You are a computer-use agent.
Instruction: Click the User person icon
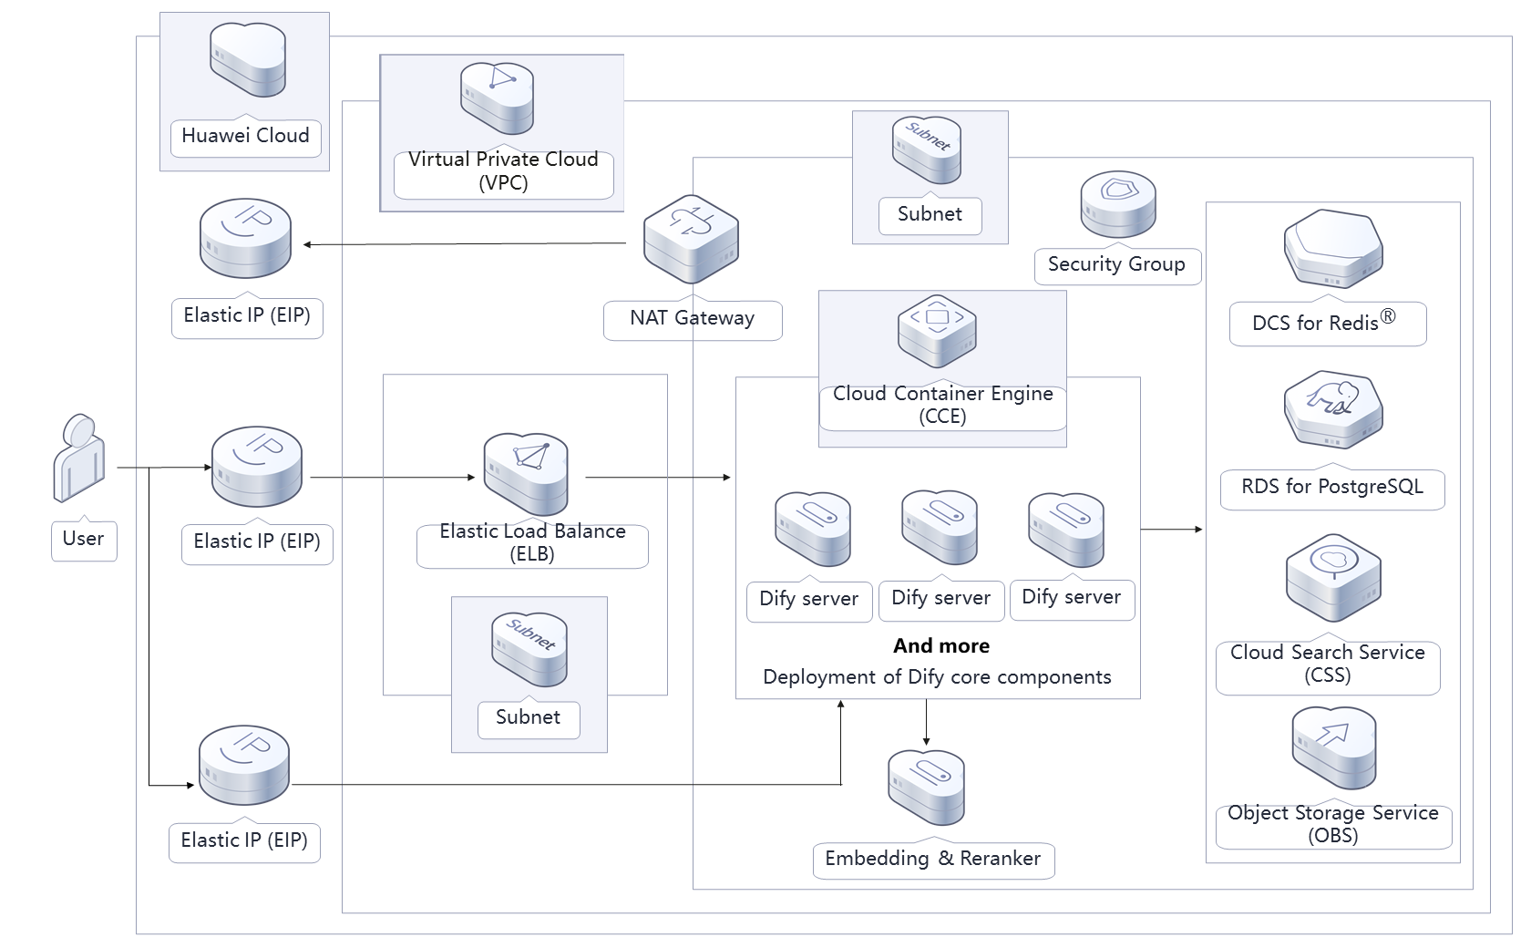click(x=79, y=459)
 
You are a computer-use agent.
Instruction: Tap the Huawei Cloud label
click(x=245, y=137)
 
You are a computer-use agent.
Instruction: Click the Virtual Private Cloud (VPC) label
click(x=503, y=171)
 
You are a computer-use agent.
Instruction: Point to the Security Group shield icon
click(x=1117, y=205)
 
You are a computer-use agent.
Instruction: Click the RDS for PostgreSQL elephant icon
click(x=1332, y=408)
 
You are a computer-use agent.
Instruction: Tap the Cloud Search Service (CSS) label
click(x=1328, y=664)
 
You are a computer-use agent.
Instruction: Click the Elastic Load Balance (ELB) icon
click(x=526, y=473)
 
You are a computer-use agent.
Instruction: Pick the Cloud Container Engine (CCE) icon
click(x=937, y=330)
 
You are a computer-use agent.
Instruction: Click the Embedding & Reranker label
click(x=932, y=859)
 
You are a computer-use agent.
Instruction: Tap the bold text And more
click(x=941, y=646)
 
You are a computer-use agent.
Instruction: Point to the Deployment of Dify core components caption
click(x=937, y=677)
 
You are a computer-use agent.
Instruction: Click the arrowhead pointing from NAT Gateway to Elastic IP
click(x=308, y=244)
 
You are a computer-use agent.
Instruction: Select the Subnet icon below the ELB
click(x=529, y=648)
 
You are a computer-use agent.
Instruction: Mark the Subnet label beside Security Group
click(x=930, y=214)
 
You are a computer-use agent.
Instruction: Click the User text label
click(x=83, y=539)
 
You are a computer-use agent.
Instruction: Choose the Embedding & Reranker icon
click(x=926, y=787)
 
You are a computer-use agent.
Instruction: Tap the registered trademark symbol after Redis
click(x=1387, y=316)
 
